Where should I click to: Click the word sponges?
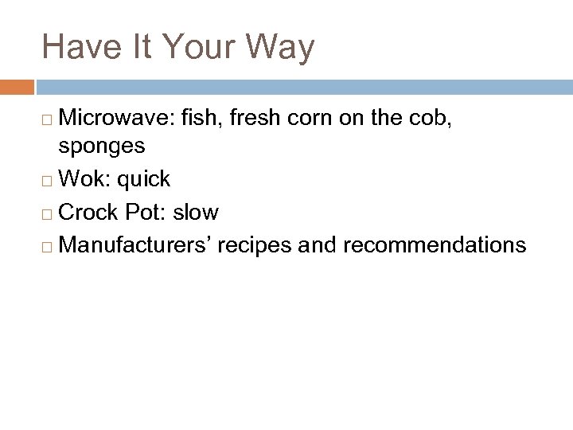click(101, 146)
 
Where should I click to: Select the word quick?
click(144, 179)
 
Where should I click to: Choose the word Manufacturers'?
click(134, 245)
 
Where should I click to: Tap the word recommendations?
click(434, 245)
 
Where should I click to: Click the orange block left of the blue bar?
click(17, 86)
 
